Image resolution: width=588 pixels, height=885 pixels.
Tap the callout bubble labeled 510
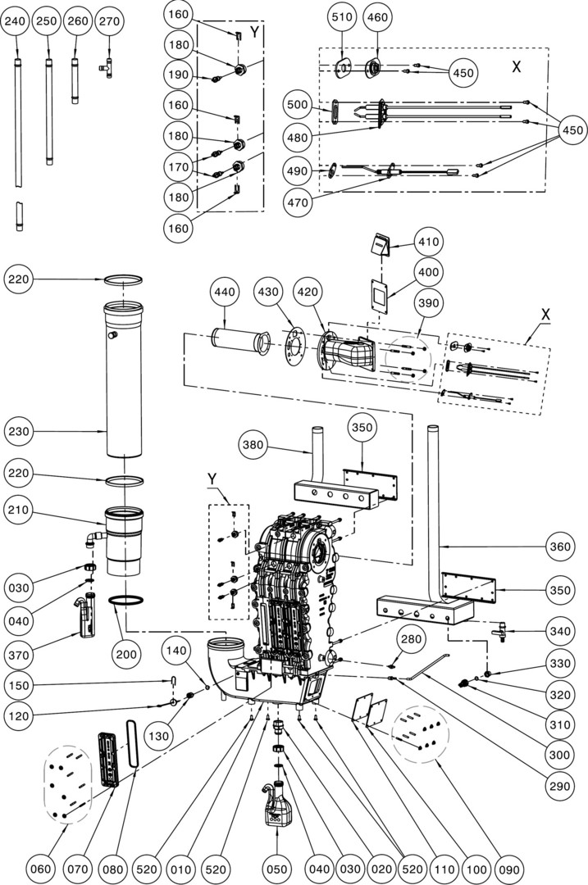tap(342, 16)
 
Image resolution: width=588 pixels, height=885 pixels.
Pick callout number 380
tap(256, 445)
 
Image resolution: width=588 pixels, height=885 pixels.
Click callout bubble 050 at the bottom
tap(276, 865)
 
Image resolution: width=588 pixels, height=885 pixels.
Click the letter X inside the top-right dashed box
tap(516, 67)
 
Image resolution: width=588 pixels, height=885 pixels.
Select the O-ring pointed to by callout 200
tap(124, 603)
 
